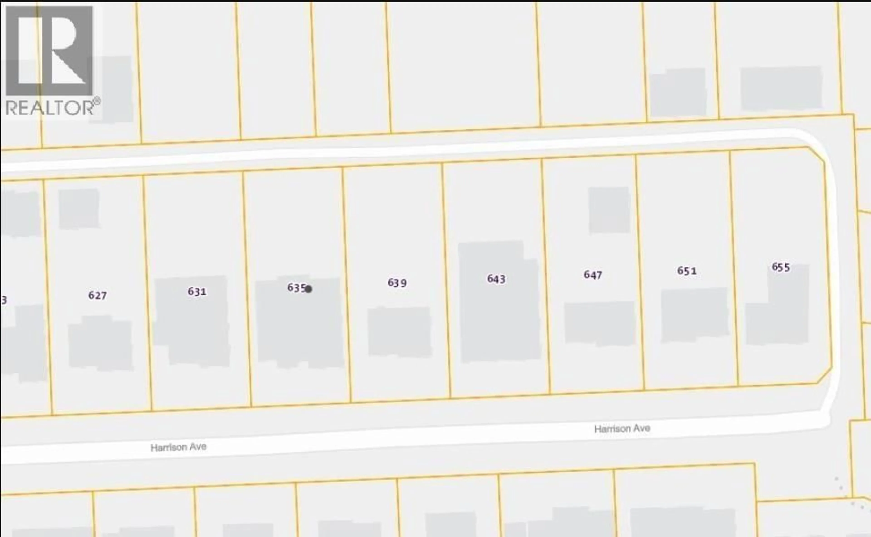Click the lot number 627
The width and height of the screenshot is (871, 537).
click(x=98, y=295)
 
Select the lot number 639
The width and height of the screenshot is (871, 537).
click(x=397, y=283)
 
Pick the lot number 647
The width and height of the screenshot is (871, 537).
click(x=593, y=275)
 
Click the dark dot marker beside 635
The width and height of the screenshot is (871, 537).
click(x=308, y=289)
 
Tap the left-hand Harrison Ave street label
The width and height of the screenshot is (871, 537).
click(x=179, y=447)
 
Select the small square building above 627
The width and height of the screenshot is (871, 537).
click(x=79, y=209)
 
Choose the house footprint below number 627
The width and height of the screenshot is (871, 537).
click(x=100, y=343)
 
